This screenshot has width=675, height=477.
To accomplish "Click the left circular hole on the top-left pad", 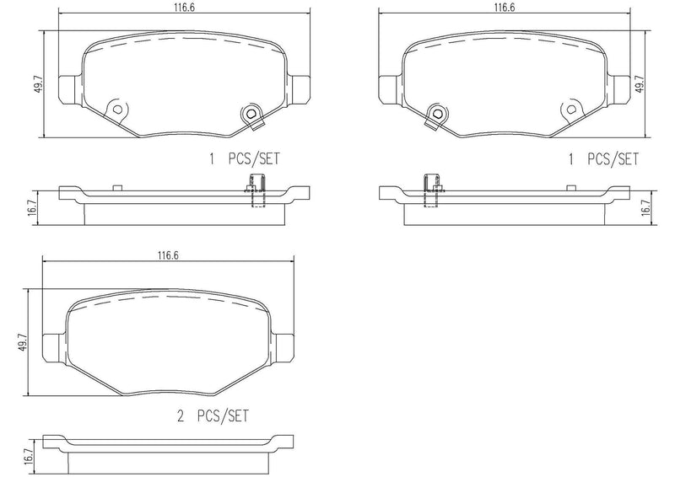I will coord(116,109).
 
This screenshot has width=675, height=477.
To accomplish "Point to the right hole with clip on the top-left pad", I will coord(251,115).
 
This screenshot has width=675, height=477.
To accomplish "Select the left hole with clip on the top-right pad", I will coord(437,115).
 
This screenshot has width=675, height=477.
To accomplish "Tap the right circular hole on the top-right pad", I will coord(571,109).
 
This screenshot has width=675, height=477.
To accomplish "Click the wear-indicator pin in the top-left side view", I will coord(256,190).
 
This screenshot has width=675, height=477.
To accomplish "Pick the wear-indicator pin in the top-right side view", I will coord(431,190).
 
